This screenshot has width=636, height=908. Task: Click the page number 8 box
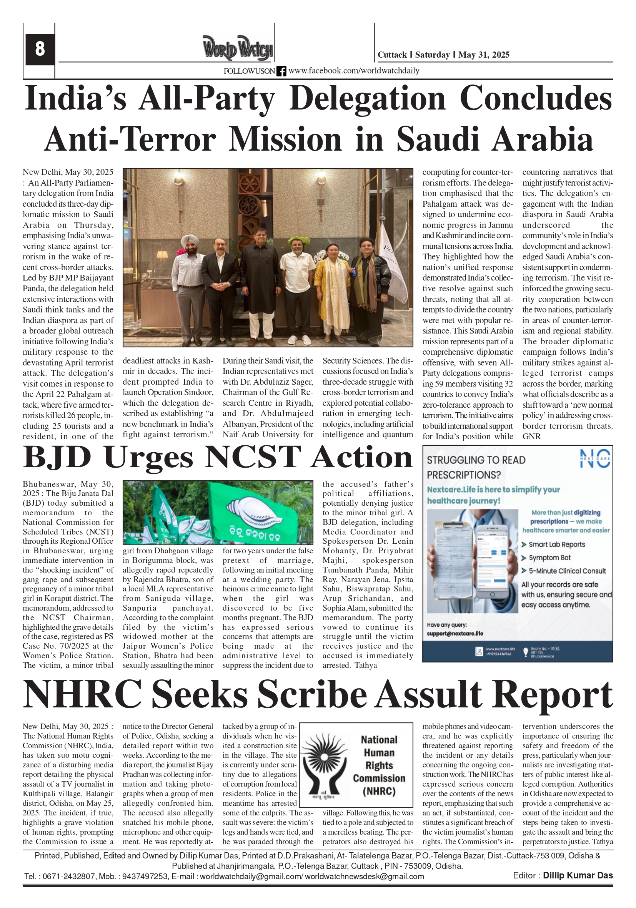(40, 50)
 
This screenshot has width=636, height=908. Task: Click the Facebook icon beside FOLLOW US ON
(281, 71)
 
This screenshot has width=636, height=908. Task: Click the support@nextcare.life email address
(455, 634)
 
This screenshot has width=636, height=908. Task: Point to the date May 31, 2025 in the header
(484, 55)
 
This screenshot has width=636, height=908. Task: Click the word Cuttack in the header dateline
(392, 55)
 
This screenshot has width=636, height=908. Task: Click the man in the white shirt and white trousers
(297, 285)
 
